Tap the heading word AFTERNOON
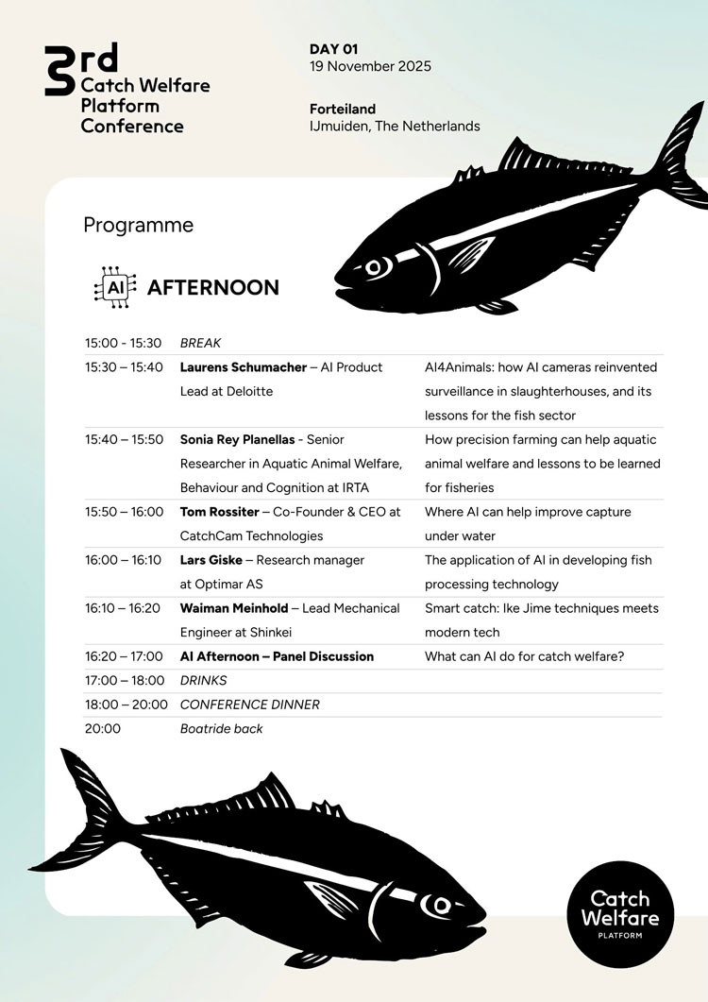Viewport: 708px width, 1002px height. point(213,287)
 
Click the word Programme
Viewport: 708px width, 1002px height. point(138,225)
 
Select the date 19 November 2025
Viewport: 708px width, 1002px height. point(370,66)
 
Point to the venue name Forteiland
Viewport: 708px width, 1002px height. point(343,109)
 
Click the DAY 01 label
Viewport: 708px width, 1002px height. point(334,48)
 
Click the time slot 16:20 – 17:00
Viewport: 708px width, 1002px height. point(124,656)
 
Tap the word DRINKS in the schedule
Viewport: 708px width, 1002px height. point(204,680)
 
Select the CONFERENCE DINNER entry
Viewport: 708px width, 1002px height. point(249,705)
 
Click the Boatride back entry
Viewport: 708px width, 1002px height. point(221,728)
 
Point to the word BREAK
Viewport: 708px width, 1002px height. point(200,343)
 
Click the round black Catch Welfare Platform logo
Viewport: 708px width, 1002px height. point(620,913)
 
